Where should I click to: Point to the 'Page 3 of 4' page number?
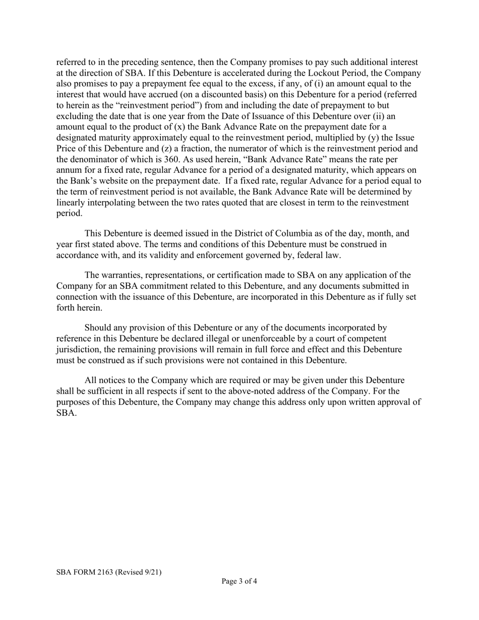pyautogui.click(x=239, y=581)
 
